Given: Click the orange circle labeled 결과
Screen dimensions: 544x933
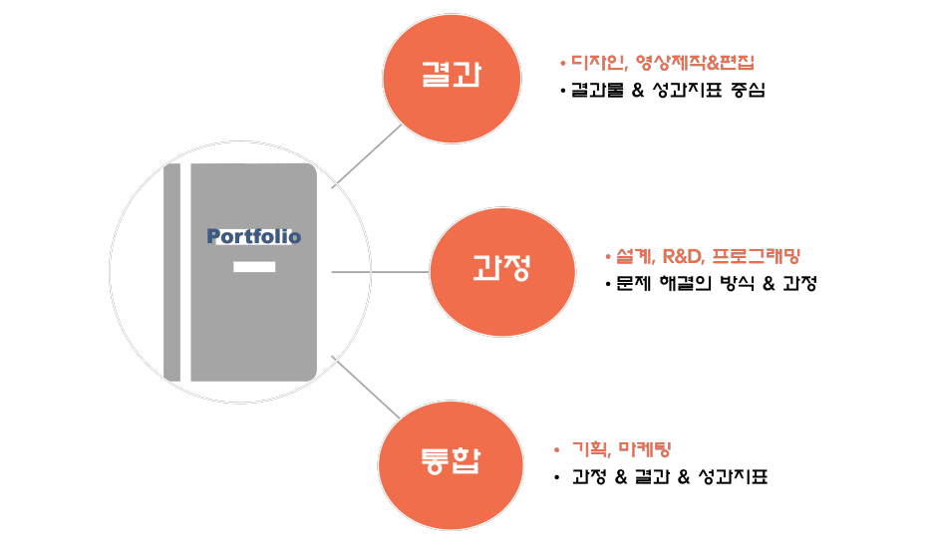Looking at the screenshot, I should (x=452, y=79).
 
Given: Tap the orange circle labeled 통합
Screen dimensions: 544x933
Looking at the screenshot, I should (x=451, y=464).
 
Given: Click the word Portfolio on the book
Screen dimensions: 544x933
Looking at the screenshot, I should (x=253, y=237).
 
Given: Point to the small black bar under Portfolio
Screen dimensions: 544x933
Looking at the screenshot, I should (x=254, y=267).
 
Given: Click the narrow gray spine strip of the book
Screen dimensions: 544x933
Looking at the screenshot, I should (x=172, y=272).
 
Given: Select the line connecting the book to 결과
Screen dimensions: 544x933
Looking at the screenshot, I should (x=367, y=156).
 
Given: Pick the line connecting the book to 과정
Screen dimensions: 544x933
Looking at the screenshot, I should (x=380, y=271).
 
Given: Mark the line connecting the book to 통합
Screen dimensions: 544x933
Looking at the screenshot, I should (x=365, y=387).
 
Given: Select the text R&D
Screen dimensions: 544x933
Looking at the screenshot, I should (x=683, y=256).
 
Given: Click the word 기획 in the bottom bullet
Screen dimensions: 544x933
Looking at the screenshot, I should (x=590, y=449).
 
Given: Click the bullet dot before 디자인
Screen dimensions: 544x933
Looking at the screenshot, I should (x=563, y=63).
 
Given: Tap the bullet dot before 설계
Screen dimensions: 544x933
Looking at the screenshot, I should (x=607, y=257).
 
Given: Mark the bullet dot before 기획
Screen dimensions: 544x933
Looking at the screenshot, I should (x=557, y=450).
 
